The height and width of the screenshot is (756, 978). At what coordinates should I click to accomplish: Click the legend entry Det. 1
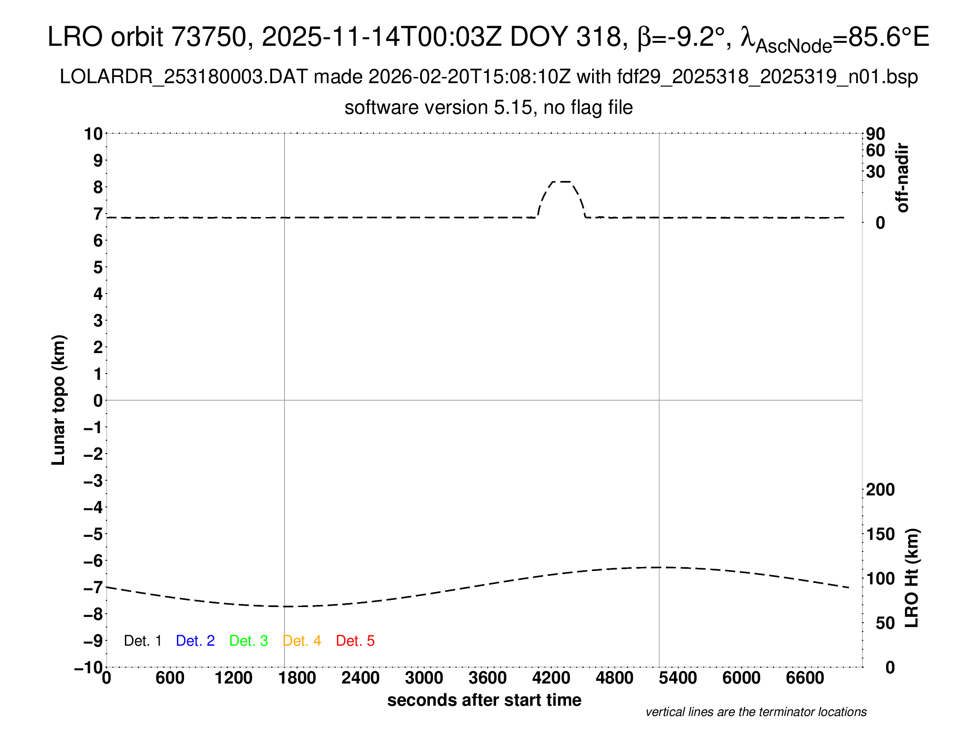142,641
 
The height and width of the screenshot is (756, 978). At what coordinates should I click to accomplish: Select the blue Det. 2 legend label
195,641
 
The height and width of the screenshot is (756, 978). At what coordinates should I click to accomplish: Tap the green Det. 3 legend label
249,641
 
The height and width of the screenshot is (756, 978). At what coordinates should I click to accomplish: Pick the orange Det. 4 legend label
302,641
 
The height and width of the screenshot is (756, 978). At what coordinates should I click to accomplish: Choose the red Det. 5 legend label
355,641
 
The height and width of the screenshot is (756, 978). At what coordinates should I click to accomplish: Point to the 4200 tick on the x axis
551,678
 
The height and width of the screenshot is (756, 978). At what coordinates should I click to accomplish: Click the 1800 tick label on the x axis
297,678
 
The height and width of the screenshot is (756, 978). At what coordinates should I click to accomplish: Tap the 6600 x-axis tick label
805,678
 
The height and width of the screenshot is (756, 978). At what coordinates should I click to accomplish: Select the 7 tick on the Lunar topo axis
98,214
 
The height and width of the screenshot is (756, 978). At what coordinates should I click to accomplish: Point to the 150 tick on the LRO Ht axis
880,534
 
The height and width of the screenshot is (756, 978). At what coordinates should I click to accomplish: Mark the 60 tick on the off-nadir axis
875,150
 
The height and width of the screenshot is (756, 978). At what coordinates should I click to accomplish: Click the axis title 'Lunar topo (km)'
59,400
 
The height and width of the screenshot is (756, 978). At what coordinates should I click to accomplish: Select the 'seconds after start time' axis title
484,700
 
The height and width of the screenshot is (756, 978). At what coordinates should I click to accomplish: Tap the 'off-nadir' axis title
902,177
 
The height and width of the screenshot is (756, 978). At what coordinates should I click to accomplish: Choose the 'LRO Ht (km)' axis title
911,578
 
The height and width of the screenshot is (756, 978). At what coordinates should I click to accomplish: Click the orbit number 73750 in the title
208,37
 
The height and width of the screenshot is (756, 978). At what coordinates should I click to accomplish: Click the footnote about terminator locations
756,712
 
